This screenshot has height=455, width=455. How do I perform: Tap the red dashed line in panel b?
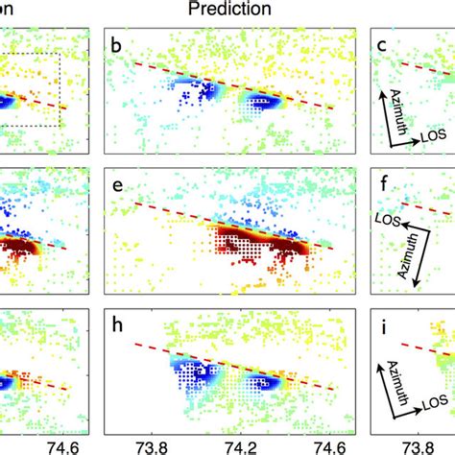(x=240, y=85)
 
